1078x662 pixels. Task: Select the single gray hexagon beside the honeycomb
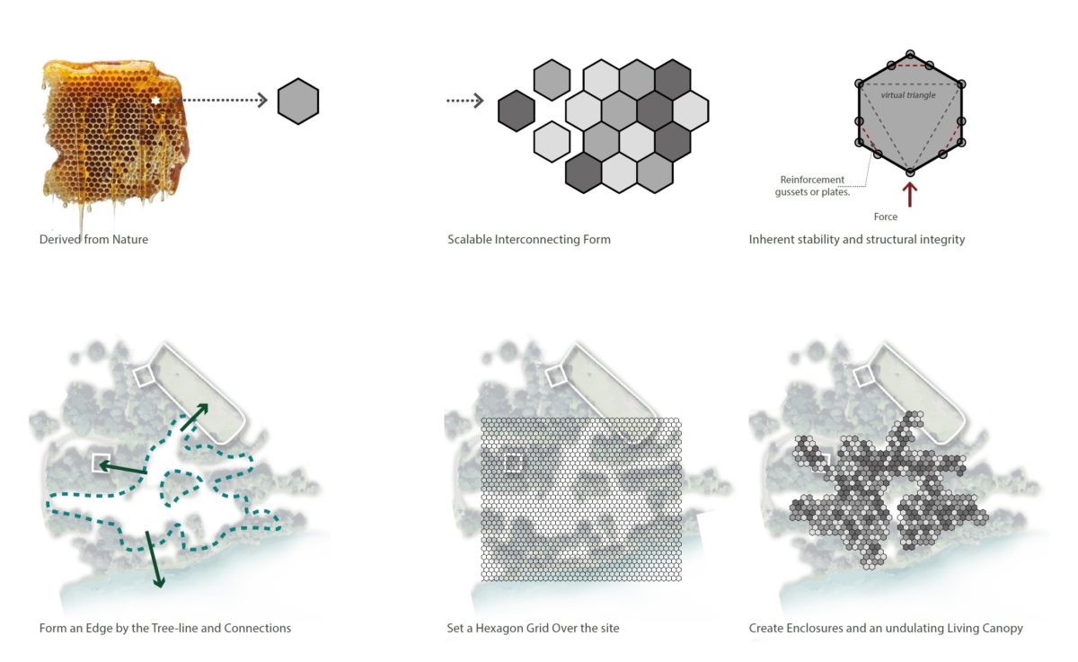click(x=298, y=101)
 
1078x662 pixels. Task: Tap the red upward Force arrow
click(x=910, y=194)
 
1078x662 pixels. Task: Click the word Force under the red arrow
click(x=886, y=216)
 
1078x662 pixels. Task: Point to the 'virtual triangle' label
click(x=908, y=95)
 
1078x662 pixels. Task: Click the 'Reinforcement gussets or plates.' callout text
click(x=812, y=186)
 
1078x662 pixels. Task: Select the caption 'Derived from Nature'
click(x=93, y=240)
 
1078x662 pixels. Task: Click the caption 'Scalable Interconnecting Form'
click(x=528, y=240)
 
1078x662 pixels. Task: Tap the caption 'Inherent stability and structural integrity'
click(x=856, y=240)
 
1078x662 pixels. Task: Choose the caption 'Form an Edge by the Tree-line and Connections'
click(x=165, y=628)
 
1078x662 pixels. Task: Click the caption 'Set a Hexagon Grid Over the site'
click(x=533, y=628)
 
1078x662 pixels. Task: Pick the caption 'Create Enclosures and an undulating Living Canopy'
click(x=886, y=628)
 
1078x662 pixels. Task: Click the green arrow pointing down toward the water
click(x=154, y=559)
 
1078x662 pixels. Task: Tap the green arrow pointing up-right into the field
click(x=195, y=417)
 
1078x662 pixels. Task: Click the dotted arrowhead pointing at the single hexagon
click(x=262, y=101)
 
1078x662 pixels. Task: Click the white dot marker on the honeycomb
click(x=155, y=101)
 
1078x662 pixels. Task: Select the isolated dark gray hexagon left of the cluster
click(x=516, y=110)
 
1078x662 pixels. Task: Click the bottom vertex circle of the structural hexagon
click(x=910, y=172)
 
